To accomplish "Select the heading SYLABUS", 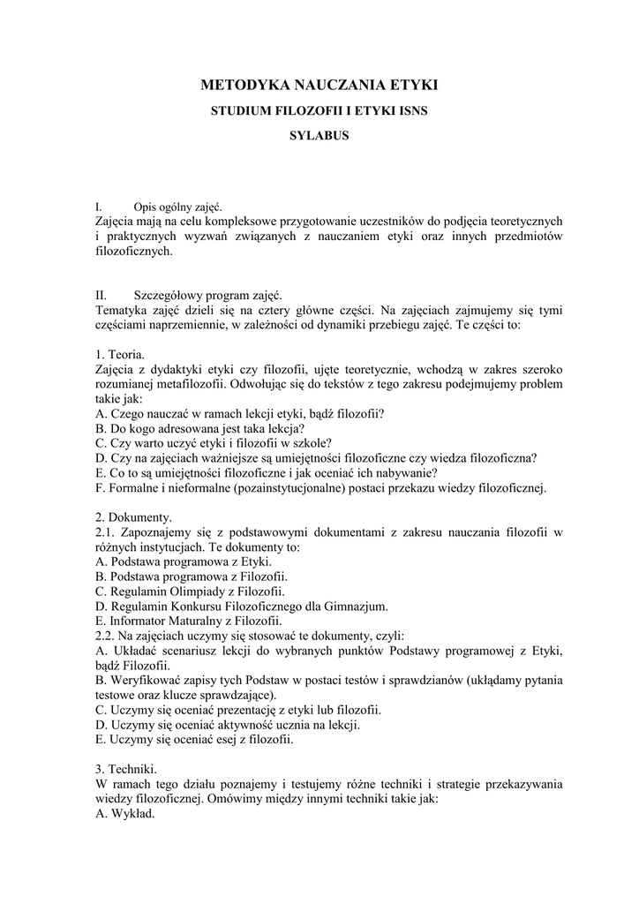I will [x=319, y=137].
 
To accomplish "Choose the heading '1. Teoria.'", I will [x=120, y=354].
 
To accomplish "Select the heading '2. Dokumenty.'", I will [x=133, y=516].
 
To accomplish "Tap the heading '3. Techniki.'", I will [x=125, y=769].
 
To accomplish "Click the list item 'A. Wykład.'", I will [x=124, y=814].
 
